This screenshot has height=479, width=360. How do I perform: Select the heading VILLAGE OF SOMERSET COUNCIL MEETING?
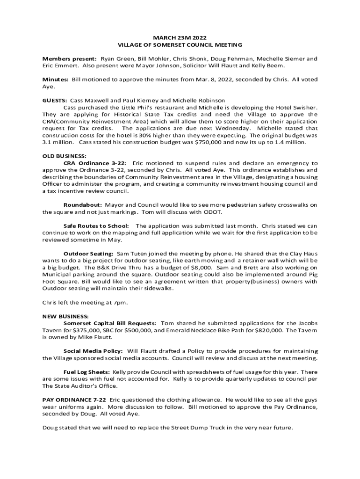pyautogui.click(x=180, y=45)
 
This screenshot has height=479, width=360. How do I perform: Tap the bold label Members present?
pyautogui.click(x=70, y=59)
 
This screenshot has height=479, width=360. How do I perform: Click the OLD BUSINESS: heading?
pyautogui.click(x=65, y=156)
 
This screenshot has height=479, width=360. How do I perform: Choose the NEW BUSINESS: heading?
pyautogui.click(x=65, y=316)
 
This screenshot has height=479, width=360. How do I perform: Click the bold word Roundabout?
pyautogui.click(x=83, y=205)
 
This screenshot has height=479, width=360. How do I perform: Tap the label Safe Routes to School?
pyautogui.click(x=96, y=225)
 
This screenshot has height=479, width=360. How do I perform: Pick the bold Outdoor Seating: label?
pyautogui.click(x=88, y=253)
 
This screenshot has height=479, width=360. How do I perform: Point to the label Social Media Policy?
pyautogui.click(x=94, y=351)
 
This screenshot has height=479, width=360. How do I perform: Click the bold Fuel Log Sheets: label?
pyautogui.click(x=87, y=371)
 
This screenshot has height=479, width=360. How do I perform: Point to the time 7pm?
pyautogui.click(x=120, y=302)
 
